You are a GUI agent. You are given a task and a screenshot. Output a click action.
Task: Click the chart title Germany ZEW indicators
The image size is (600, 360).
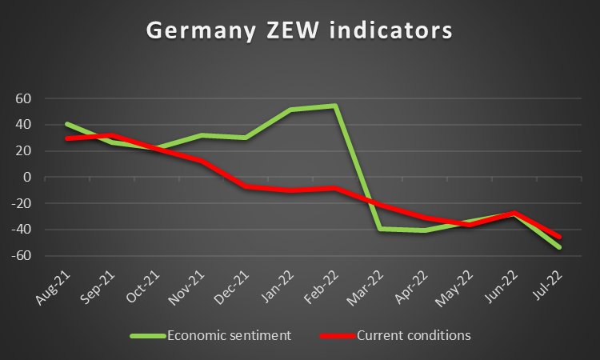pyautogui.click(x=299, y=30)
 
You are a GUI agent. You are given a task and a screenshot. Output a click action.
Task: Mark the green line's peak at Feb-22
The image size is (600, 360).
pyautogui.click(x=334, y=106)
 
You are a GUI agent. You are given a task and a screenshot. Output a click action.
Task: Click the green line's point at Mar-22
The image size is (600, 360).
pyautogui.click(x=379, y=229)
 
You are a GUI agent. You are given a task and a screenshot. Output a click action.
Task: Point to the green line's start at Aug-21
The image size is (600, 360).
pyautogui.click(x=66, y=123)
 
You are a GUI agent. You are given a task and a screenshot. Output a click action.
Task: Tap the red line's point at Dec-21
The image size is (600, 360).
pyautogui.click(x=245, y=186)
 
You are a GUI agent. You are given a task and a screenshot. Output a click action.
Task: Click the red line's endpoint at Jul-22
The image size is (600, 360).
pyautogui.click(x=559, y=237)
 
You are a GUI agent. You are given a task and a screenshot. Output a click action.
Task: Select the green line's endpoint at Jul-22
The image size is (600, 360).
pyautogui.click(x=559, y=247)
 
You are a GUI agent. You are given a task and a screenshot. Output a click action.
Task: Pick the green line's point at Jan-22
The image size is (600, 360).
pyautogui.click(x=290, y=110)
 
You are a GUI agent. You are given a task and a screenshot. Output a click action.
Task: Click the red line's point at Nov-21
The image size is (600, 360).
pyautogui.click(x=200, y=161)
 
